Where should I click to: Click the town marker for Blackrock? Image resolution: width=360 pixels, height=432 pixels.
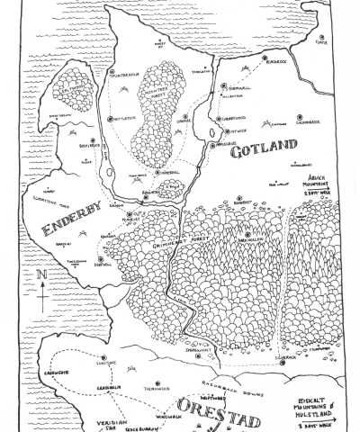coord(265,60)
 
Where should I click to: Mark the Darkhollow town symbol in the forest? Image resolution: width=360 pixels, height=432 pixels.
coord(247,236)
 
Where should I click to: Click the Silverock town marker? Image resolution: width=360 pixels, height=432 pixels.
coord(283,337)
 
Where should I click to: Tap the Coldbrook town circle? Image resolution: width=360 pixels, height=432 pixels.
coord(301,117)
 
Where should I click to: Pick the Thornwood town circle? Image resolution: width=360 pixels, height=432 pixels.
coord(157,384)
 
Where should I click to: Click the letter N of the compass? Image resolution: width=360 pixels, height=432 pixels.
coord(41,274)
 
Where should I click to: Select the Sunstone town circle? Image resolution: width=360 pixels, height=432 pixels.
coord(103,357)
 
